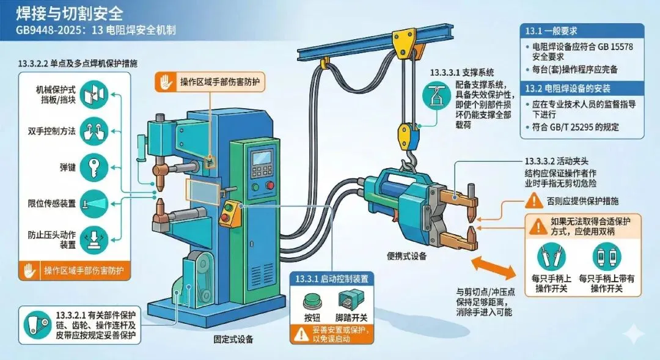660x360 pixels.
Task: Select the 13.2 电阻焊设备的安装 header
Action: tap(568, 89)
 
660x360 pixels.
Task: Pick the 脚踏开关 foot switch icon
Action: tap(351, 301)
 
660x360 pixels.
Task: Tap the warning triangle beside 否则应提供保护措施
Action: tap(534, 199)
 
